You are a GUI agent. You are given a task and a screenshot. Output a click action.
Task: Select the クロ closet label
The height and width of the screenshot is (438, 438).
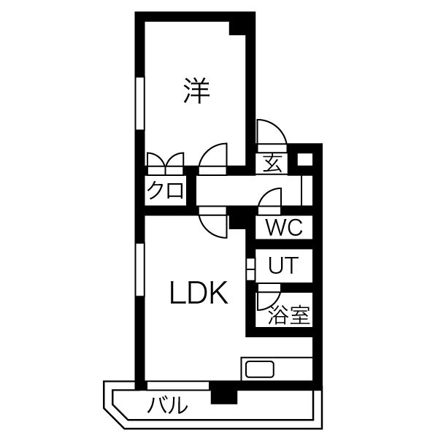pyautogui.click(x=165, y=191)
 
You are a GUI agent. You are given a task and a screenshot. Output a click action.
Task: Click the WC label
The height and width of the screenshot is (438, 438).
pyautogui.click(x=283, y=227)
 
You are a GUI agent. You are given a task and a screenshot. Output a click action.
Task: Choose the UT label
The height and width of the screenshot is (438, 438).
pyautogui.click(x=283, y=266)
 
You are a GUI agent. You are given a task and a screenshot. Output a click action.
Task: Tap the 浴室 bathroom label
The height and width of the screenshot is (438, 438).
pyautogui.click(x=289, y=315)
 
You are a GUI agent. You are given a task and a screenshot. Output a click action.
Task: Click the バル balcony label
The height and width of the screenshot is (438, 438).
pyautogui.click(x=169, y=405)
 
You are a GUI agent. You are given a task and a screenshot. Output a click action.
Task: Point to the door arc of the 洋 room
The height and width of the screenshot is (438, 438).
pyautogui.click(x=214, y=157)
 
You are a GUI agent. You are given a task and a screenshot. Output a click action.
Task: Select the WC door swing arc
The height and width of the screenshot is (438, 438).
pyautogui.click(x=269, y=199)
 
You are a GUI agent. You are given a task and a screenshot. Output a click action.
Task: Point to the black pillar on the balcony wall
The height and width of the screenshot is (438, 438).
pyautogui.click(x=224, y=395)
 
